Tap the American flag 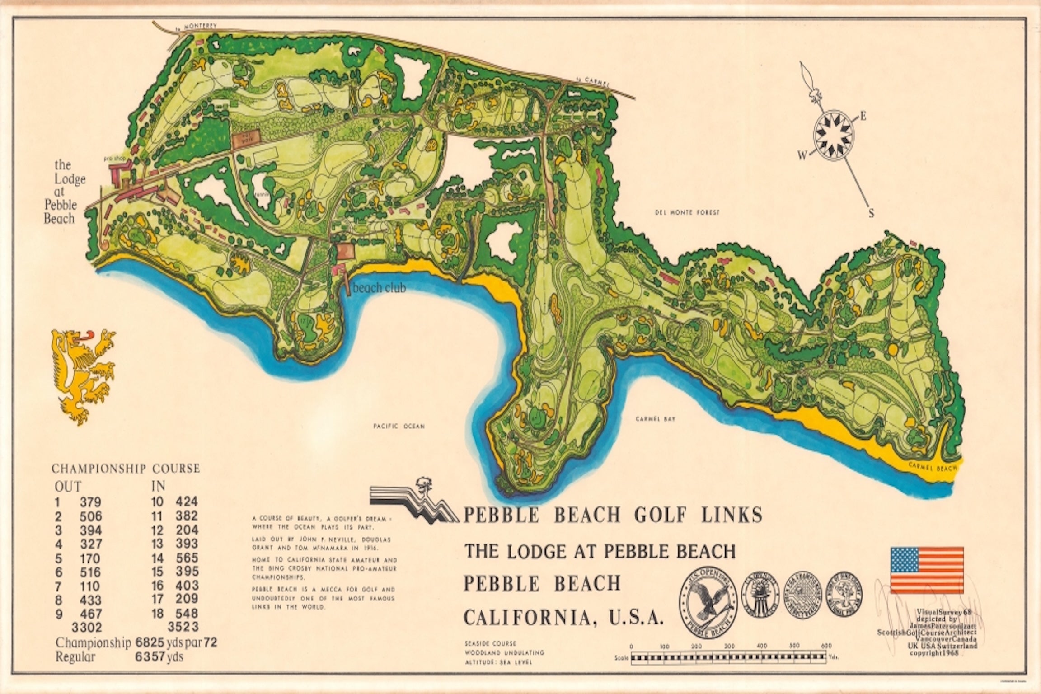pyautogui.click(x=927, y=570)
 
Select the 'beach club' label pyautogui.click(x=380, y=287)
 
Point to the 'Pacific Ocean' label pyautogui.click(x=399, y=426)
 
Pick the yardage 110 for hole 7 pyautogui.click(x=90, y=586)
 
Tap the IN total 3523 pyautogui.click(x=183, y=627)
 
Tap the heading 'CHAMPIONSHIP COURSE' pyautogui.click(x=126, y=469)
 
